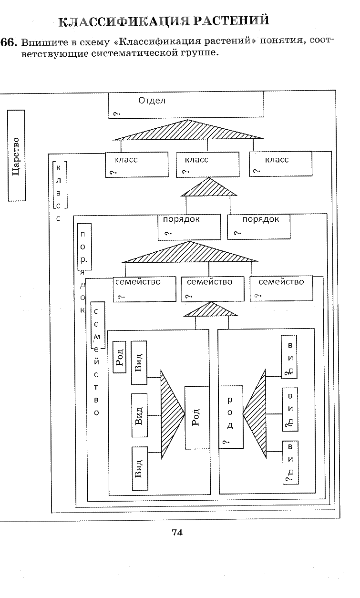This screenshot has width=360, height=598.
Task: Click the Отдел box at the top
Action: click(186, 104)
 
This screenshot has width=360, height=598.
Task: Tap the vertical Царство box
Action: click(17, 155)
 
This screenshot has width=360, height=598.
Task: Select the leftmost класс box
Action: click(137, 165)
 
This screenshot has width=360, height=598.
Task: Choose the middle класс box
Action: click(207, 165)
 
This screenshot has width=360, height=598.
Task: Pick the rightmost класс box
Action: click(280, 164)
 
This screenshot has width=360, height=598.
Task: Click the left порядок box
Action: click(189, 227)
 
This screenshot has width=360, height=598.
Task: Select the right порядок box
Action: click(258, 227)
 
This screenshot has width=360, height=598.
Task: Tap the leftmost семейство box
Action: click(144, 289)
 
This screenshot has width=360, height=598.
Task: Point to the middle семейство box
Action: click(213, 289)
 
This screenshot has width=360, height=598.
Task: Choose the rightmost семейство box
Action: click(281, 289)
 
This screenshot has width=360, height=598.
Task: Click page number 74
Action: click(177, 532)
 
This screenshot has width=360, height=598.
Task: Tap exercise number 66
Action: click(8, 42)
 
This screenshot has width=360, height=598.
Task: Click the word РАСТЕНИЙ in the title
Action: click(231, 21)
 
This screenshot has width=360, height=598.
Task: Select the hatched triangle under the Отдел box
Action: click(188, 130)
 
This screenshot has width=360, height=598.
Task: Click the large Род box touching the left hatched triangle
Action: click(197, 417)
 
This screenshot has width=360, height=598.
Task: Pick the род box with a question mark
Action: click(231, 417)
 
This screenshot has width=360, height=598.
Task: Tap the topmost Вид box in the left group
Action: click(139, 362)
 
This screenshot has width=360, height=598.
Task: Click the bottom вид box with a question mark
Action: click(290, 463)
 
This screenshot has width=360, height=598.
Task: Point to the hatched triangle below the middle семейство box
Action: click(211, 309)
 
